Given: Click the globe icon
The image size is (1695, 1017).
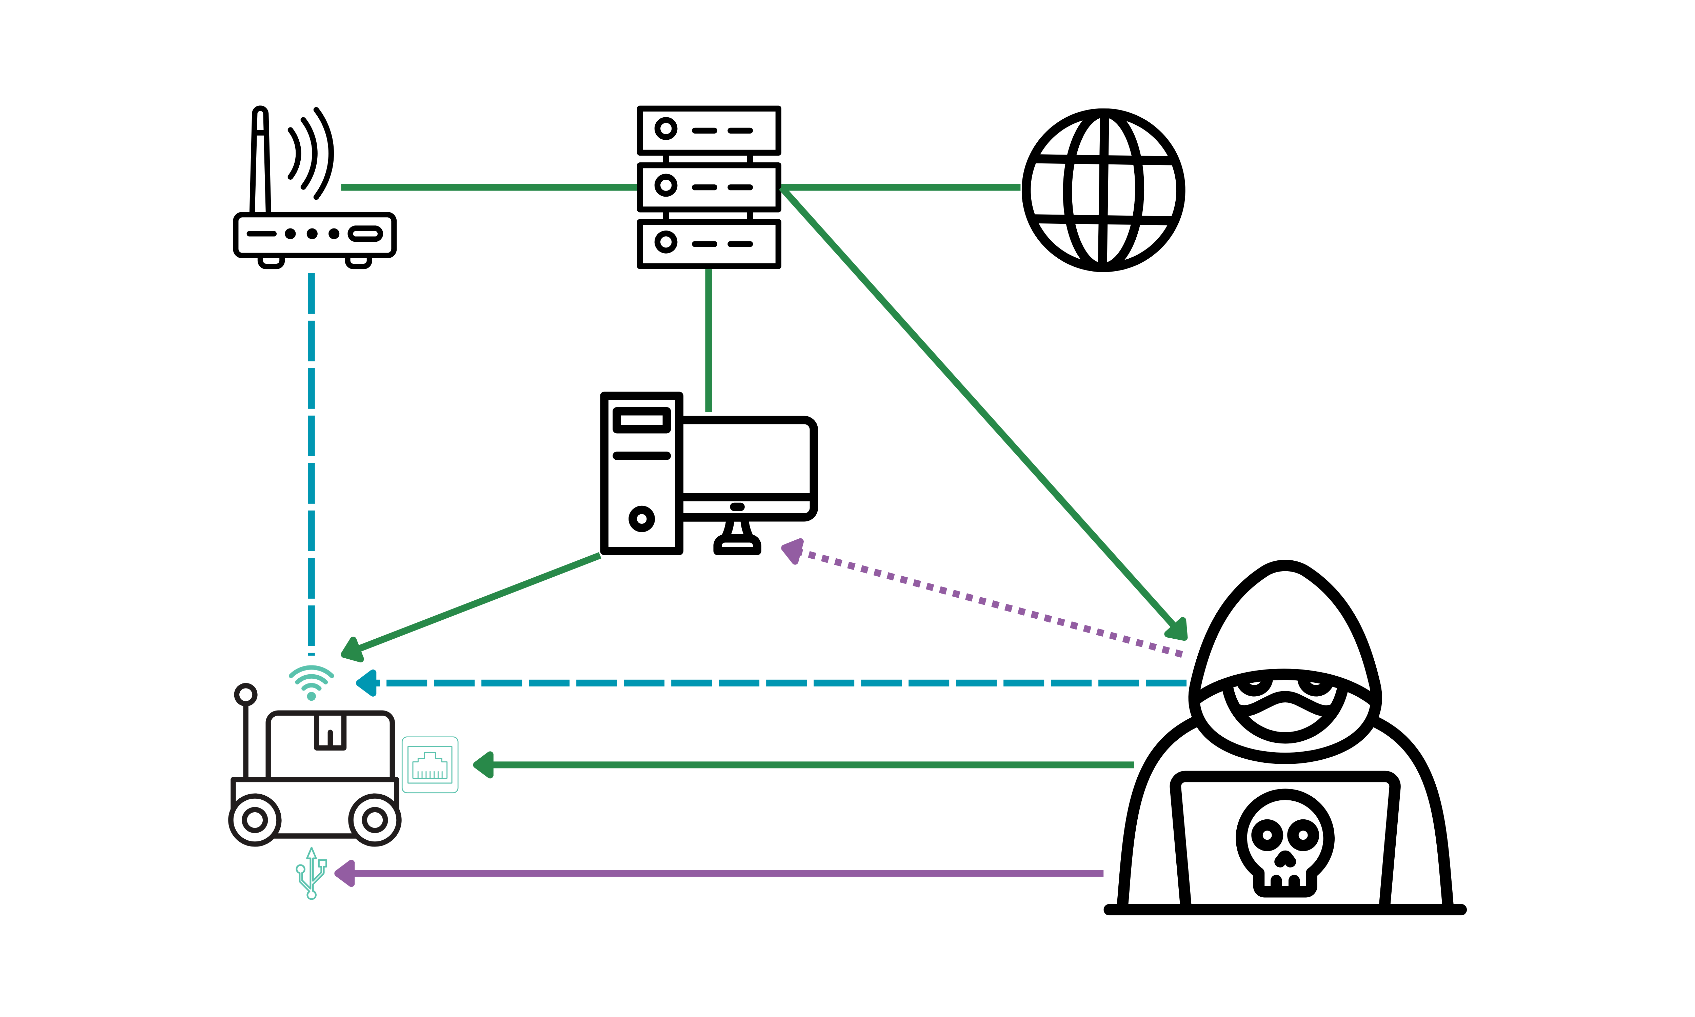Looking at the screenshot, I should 1103,190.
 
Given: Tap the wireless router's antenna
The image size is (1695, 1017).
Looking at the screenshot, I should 260,161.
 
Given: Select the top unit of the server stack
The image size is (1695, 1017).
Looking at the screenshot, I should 709,130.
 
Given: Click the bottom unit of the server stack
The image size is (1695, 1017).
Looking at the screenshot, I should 709,243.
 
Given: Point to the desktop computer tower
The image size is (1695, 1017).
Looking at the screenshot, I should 641,473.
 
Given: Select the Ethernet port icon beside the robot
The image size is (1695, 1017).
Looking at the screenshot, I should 430,765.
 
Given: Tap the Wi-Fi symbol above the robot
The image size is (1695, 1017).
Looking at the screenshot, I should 311,680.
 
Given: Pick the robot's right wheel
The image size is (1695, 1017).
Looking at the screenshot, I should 375,820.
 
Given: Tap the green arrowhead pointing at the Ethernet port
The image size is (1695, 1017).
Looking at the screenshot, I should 484,765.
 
